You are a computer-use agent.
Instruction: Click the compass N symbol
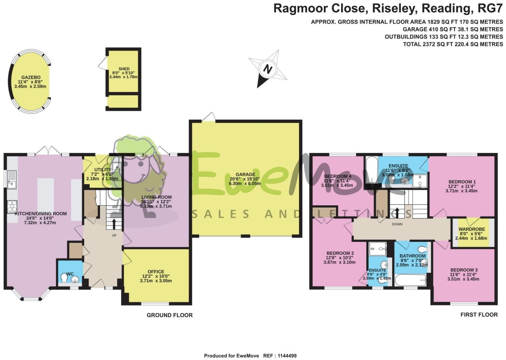(x=267, y=69)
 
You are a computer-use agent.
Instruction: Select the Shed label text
(x=124, y=69)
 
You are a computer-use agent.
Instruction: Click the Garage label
(x=245, y=174)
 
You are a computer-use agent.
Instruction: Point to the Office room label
(x=155, y=272)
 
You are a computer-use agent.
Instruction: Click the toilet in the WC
(x=64, y=279)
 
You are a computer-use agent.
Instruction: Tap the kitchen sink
(x=11, y=179)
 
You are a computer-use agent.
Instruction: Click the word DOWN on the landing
(x=397, y=224)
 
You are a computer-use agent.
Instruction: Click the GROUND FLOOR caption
(x=169, y=315)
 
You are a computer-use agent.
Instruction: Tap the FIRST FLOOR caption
(x=479, y=314)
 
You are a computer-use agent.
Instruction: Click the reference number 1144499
(x=285, y=356)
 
